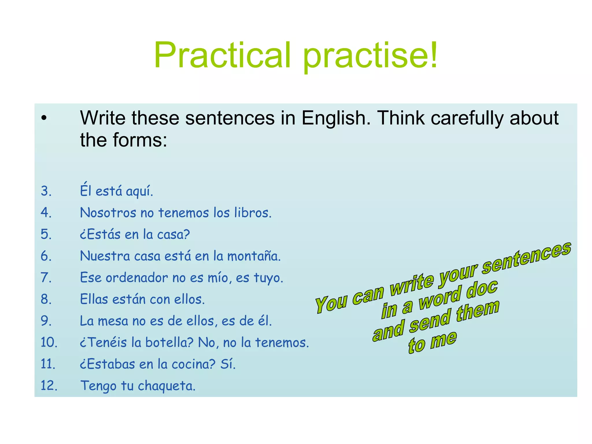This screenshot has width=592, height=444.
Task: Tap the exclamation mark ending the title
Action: pos(434,55)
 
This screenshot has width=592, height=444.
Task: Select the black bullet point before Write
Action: pos(44,118)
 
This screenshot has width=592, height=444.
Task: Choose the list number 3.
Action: pos(46,191)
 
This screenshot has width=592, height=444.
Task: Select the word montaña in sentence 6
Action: pos(254,256)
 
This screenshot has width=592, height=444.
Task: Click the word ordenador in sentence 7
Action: pos(136,278)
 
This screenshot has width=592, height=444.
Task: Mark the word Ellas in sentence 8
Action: pos(94,299)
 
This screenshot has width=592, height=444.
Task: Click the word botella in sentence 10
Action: pos(169,343)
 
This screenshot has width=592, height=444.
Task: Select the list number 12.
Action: pos(49,386)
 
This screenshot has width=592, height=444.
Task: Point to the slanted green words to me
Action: pos(432,343)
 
